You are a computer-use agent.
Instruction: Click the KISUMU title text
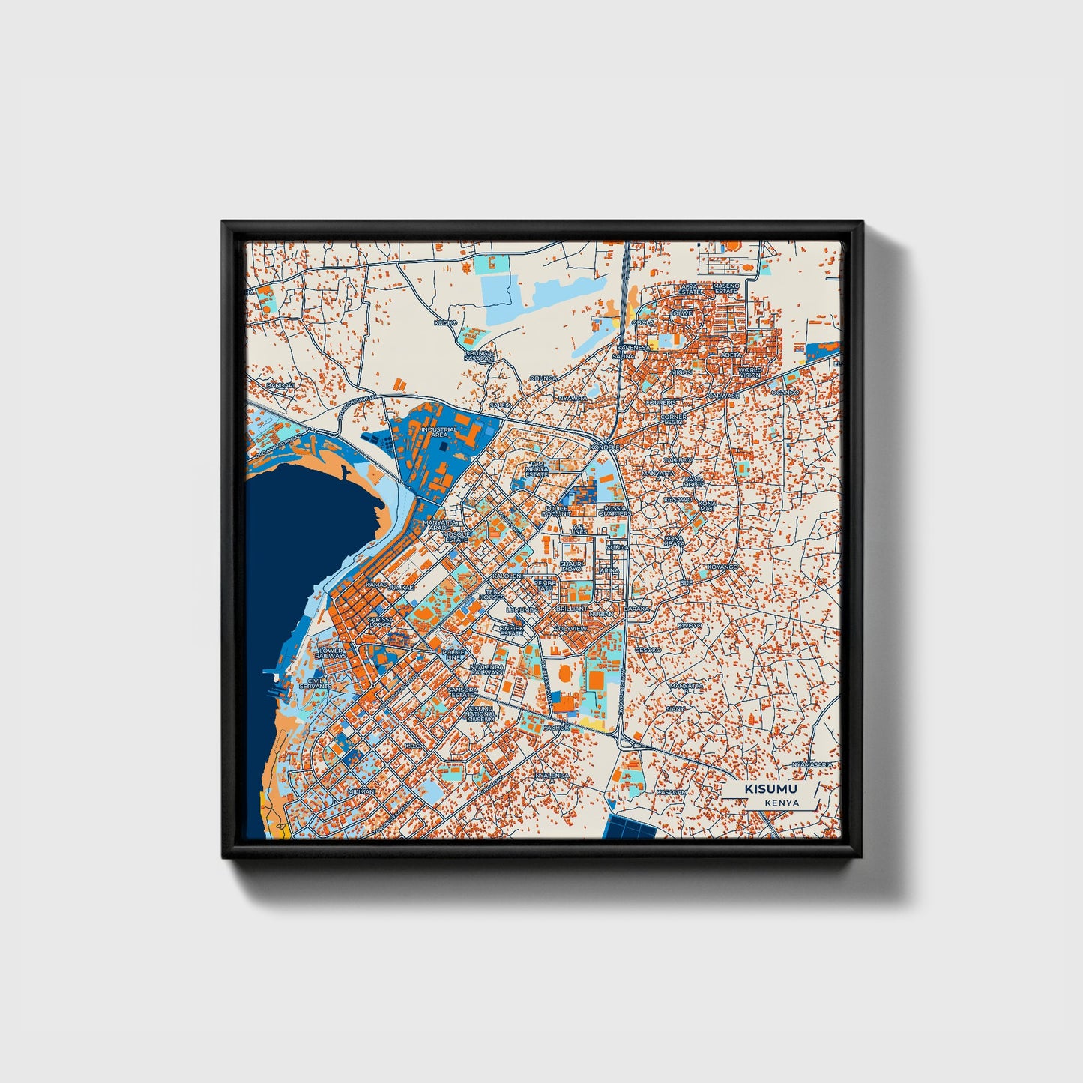coord(771,789)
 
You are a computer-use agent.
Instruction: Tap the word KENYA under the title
coord(782,803)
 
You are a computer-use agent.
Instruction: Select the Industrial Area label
coord(438,432)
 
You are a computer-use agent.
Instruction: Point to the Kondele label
coord(606,447)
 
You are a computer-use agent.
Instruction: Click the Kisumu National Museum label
coord(480,713)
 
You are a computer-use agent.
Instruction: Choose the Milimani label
coord(361,791)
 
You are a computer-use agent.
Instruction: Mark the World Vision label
coord(749,372)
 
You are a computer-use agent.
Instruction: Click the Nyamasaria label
coord(813,764)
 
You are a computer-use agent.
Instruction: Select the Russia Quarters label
coord(615,511)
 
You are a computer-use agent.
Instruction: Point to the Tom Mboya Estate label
coord(537,469)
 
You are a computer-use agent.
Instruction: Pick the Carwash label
coord(724,395)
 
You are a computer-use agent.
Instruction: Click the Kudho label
coord(444,323)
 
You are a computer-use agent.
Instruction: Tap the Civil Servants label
coord(315,683)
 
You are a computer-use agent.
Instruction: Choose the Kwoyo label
coord(690,625)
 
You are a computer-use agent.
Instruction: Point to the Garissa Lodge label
coord(381,622)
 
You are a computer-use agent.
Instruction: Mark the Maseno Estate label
coord(725,288)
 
